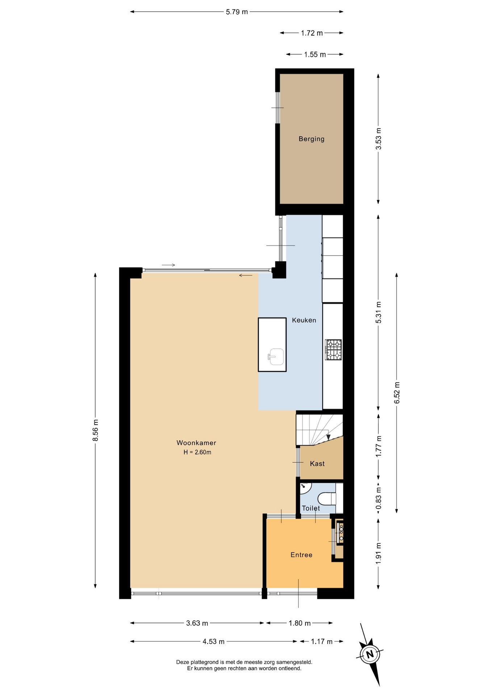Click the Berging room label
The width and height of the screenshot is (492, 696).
[311, 139]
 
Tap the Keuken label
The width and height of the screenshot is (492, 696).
[304, 320]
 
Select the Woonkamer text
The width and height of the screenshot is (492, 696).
[196, 443]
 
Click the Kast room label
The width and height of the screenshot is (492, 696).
[317, 464]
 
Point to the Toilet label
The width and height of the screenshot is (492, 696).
[311, 508]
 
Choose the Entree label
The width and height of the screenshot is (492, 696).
[301, 555]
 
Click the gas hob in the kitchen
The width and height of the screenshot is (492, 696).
[333, 349]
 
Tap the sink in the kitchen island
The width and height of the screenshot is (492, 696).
[276, 357]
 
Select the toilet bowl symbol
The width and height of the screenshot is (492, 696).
[327, 498]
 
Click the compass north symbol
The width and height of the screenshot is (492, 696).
[370, 654]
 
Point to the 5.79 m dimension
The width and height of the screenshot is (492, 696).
[237, 12]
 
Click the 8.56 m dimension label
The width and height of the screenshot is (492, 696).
[96, 430]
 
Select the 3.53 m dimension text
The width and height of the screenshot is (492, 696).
[379, 139]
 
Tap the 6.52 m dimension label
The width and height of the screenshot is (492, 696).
[397, 393]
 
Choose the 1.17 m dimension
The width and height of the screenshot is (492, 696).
[322, 642]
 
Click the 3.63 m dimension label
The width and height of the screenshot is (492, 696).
[197, 623]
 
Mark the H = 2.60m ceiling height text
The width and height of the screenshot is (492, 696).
[197, 452]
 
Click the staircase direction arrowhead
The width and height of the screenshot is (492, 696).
[328, 437]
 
